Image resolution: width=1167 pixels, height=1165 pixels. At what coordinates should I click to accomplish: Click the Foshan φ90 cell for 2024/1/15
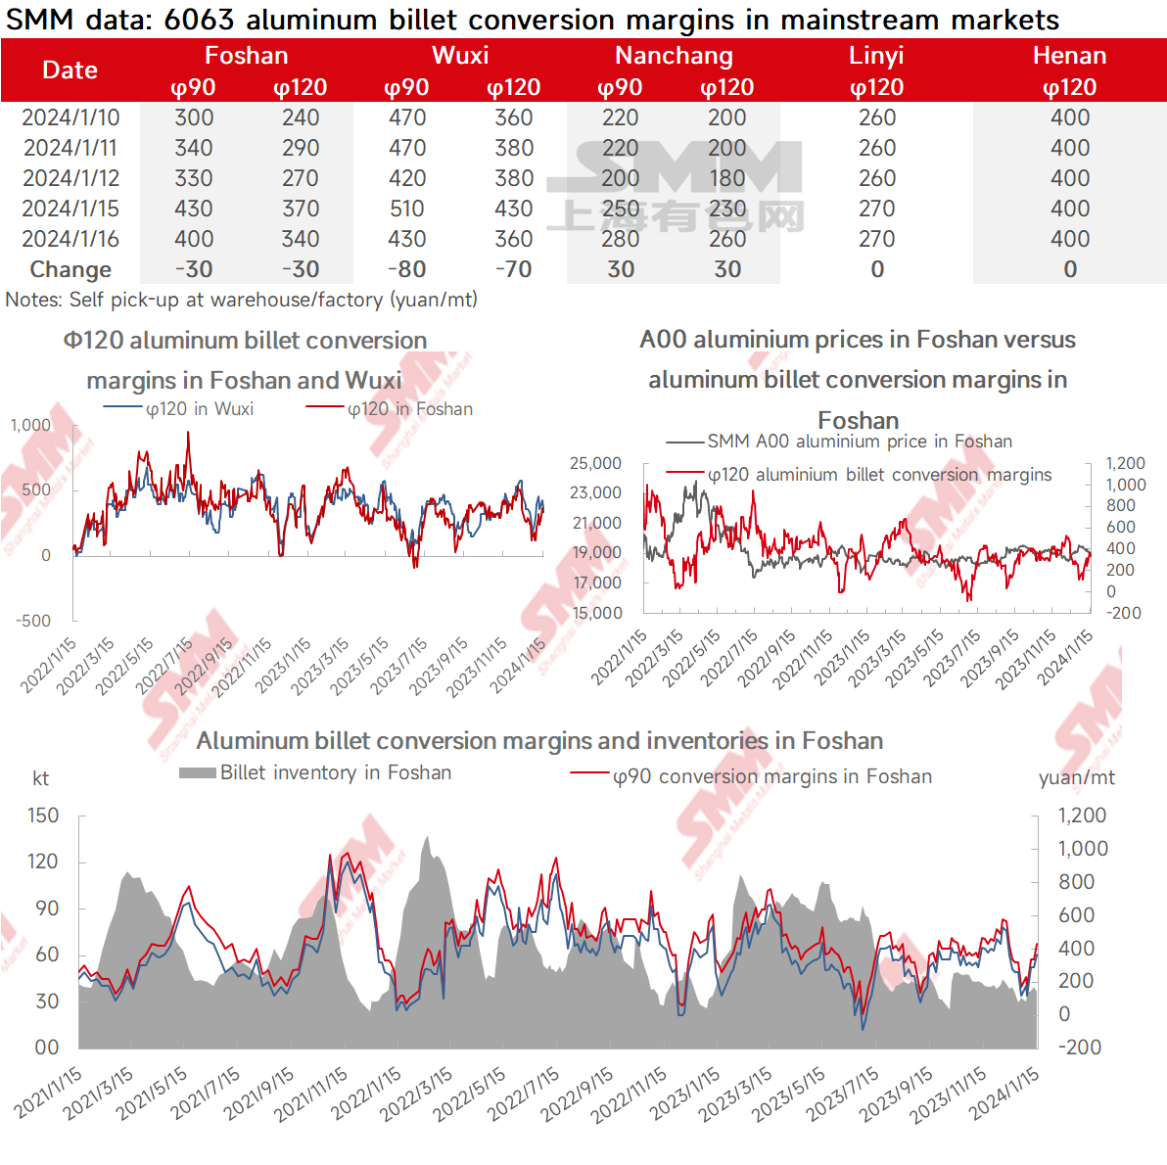(x=194, y=209)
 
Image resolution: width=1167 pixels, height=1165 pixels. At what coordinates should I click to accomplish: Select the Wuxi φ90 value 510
(x=407, y=209)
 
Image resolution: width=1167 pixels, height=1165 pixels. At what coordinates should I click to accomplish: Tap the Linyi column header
(x=876, y=56)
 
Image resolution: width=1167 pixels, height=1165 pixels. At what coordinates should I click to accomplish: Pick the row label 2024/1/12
(x=70, y=178)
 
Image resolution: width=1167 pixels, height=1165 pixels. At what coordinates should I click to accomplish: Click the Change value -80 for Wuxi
(x=407, y=269)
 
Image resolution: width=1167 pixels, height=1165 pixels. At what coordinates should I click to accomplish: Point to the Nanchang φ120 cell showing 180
(x=727, y=178)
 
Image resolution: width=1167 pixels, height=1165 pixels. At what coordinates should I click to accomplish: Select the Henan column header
(x=1069, y=56)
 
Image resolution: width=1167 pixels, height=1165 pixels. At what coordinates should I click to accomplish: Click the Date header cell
(x=70, y=70)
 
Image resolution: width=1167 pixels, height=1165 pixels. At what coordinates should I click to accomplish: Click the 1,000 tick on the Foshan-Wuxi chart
(x=30, y=425)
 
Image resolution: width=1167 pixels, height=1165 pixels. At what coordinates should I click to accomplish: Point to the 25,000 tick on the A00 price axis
(x=595, y=463)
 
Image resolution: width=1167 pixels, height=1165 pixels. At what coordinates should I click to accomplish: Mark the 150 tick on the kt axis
(x=43, y=815)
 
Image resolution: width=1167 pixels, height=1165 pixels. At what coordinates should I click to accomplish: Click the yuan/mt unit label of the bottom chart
(x=1076, y=777)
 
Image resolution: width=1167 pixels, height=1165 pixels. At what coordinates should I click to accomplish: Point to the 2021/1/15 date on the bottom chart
(x=49, y=1093)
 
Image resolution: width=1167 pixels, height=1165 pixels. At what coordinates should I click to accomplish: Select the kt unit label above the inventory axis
(x=40, y=778)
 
